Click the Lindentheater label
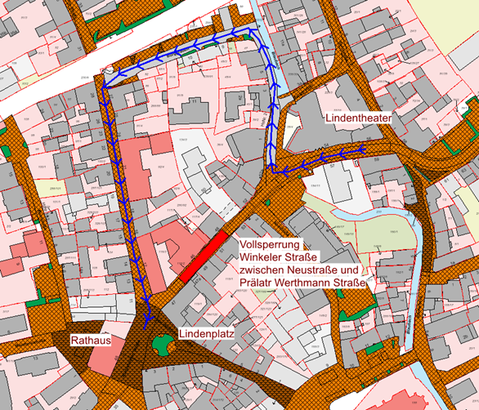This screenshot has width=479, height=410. [x=359, y=118]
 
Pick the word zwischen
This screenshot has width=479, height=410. [x=264, y=270]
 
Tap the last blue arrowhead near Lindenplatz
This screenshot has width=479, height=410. [x=148, y=317]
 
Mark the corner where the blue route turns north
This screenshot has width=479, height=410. [x=272, y=170]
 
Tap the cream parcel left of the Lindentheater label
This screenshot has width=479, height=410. [x=293, y=123]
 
